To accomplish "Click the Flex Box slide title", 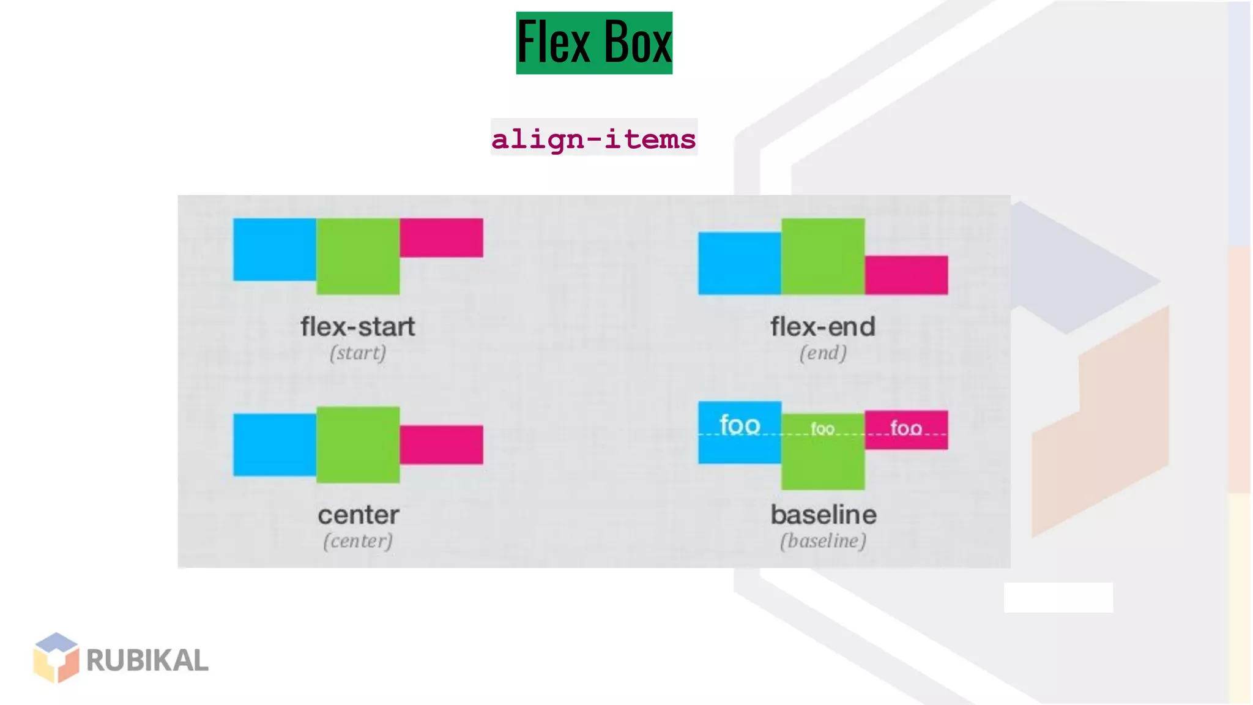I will (594, 43).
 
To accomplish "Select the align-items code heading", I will (593, 138).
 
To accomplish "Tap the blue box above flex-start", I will (275, 250).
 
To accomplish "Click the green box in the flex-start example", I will (358, 256).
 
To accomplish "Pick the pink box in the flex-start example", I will (441, 237).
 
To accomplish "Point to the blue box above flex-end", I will (740, 263).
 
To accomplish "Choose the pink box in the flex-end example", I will (906, 275).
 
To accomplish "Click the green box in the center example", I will (358, 444).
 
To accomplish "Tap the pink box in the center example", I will (441, 444).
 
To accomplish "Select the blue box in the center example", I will (275, 444).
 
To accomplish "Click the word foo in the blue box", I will (740, 425).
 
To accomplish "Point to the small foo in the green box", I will (822, 428).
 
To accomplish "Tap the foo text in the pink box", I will (906, 428).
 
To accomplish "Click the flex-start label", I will (358, 327).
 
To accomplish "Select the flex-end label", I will (823, 327).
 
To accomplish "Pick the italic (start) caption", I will (358, 353).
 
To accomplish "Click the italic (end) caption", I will (823, 353).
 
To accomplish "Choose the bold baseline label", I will (824, 515).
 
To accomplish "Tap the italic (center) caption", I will (358, 541).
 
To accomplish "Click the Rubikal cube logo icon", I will (56, 657).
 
